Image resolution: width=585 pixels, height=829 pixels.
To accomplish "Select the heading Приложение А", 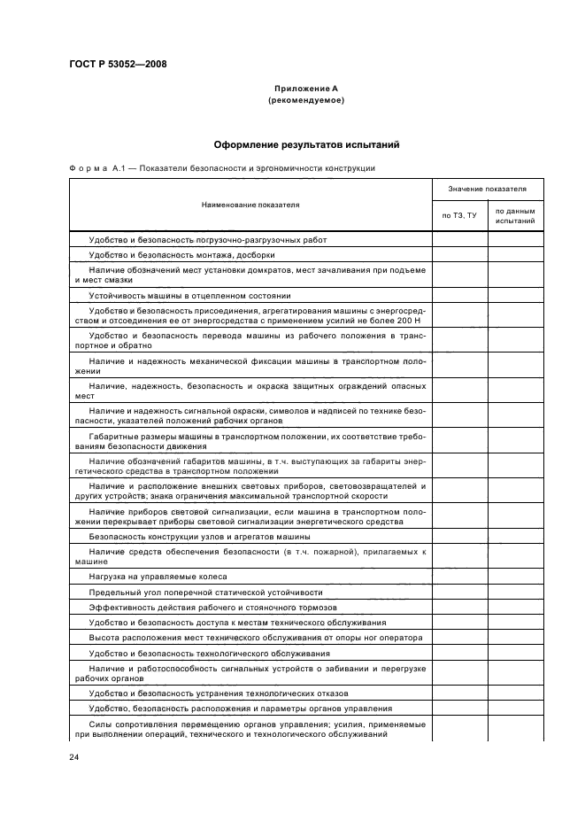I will pyautogui.click(x=305, y=89).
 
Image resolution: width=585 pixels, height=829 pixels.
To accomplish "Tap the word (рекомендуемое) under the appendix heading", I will pyautogui.click(x=305, y=100).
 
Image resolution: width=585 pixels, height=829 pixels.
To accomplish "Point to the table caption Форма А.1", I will pyautogui.click(x=96, y=167).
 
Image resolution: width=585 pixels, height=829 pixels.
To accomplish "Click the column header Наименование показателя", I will pyautogui.click(x=250, y=205).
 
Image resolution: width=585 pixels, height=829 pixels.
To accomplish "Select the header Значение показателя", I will pyautogui.click(x=487, y=190).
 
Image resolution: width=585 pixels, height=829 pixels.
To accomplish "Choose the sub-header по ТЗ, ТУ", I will pyautogui.click(x=459, y=215).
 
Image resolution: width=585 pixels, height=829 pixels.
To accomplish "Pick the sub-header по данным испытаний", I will pyautogui.click(x=515, y=215).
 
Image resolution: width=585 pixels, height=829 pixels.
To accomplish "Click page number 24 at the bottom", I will pyautogui.click(x=73, y=757).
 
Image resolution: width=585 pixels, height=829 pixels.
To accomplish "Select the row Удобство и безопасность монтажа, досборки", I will pyautogui.click(x=174, y=255).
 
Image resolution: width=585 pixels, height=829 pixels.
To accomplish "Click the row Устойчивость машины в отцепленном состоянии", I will pyautogui.click(x=189, y=295).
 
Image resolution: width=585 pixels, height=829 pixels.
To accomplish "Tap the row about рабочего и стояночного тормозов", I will pyautogui.click(x=213, y=607).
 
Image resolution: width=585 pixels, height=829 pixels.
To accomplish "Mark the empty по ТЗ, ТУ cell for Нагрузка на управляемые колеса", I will pyautogui.click(x=459, y=577).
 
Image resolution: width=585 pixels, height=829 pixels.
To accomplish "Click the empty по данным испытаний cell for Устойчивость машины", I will pyautogui.click(x=515, y=295).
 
